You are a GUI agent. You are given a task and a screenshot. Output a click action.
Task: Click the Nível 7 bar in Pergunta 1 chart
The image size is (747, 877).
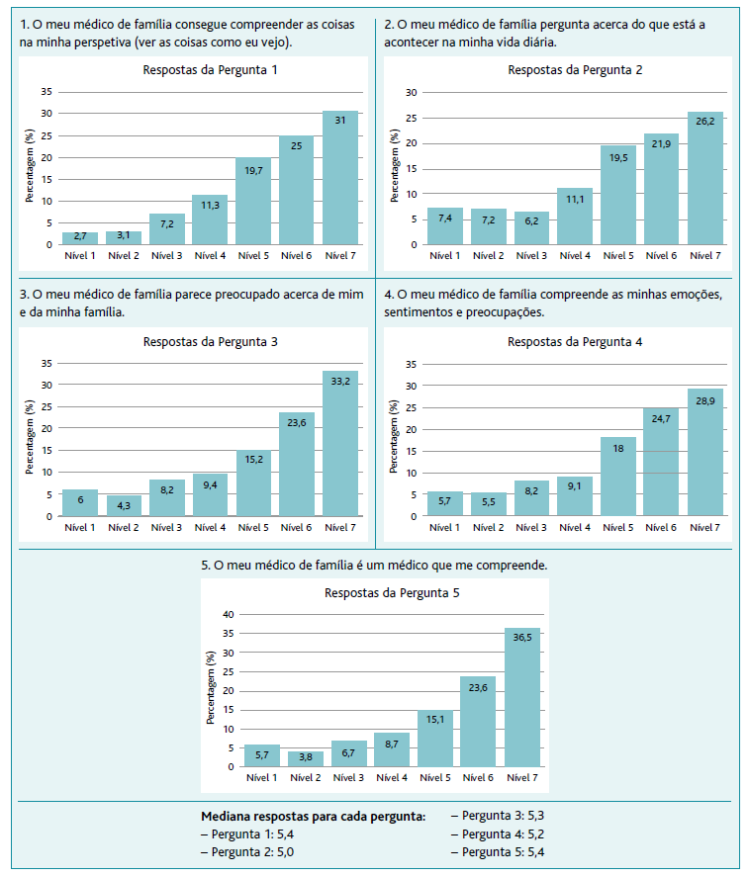pos(340,178)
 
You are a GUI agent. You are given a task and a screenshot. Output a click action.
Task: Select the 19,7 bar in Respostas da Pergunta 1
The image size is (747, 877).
pos(253,202)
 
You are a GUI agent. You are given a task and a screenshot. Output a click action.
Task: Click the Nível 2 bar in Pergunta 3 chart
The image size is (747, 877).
pos(124,506)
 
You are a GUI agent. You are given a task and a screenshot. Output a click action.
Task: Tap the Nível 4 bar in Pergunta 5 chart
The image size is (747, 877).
pos(392,749)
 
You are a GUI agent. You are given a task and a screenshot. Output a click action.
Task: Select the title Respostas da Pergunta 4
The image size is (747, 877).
pos(575,342)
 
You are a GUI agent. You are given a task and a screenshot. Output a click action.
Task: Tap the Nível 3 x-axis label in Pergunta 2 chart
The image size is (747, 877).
pos(531,256)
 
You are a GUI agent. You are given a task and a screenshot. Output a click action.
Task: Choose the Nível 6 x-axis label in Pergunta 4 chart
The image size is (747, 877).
pos(662,528)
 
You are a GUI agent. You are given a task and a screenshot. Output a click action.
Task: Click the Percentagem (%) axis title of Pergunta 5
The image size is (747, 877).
pos(211,688)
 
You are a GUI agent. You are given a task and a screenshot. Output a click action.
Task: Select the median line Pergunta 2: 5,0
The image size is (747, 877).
pos(248,851)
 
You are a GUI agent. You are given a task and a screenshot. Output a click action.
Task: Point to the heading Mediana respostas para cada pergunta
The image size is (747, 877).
pos(314,817)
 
